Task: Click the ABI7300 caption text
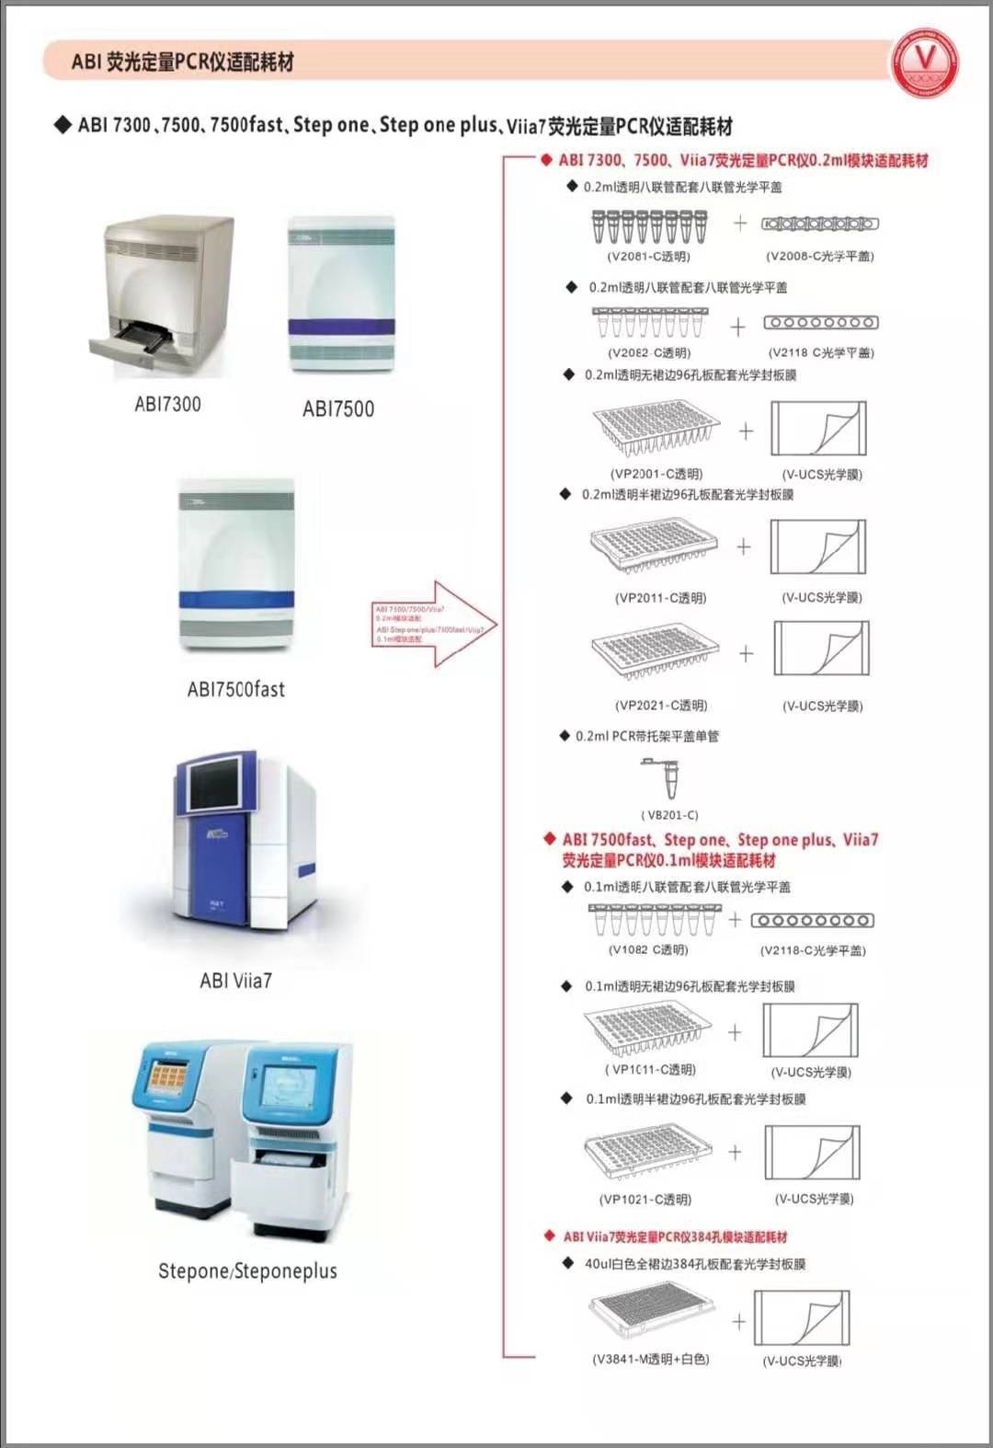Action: tap(167, 404)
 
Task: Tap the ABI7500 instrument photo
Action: tap(341, 293)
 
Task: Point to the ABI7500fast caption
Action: tap(236, 689)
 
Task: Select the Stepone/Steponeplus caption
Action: tap(247, 1271)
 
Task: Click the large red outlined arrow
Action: tap(435, 624)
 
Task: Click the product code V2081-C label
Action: tap(648, 257)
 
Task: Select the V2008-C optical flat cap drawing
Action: tap(819, 224)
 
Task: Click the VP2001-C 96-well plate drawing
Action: tap(656, 427)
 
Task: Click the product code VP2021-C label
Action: tap(660, 706)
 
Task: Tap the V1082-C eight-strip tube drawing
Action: tap(654, 918)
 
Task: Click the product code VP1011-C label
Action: tap(650, 1070)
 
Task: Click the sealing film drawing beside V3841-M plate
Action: tap(802, 1318)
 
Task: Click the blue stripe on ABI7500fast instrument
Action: tap(237, 600)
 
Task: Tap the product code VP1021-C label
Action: tap(645, 1200)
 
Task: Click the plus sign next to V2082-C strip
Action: tap(737, 327)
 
